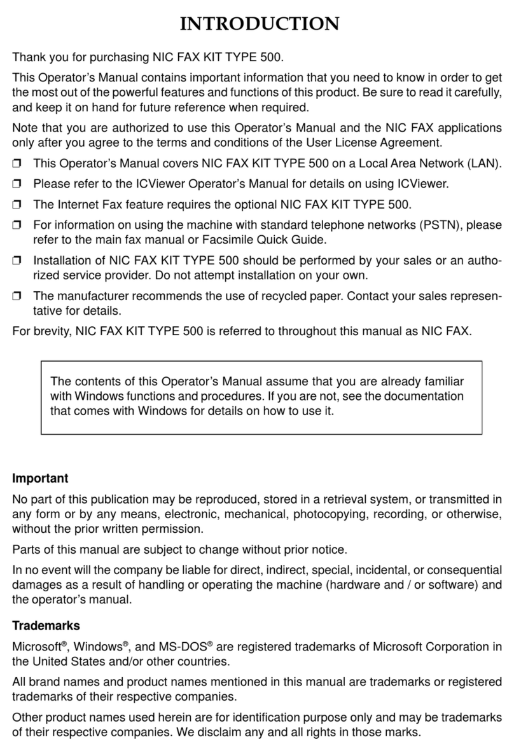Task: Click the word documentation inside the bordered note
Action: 429,395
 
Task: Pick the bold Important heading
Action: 40,478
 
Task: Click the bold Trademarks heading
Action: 46,626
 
